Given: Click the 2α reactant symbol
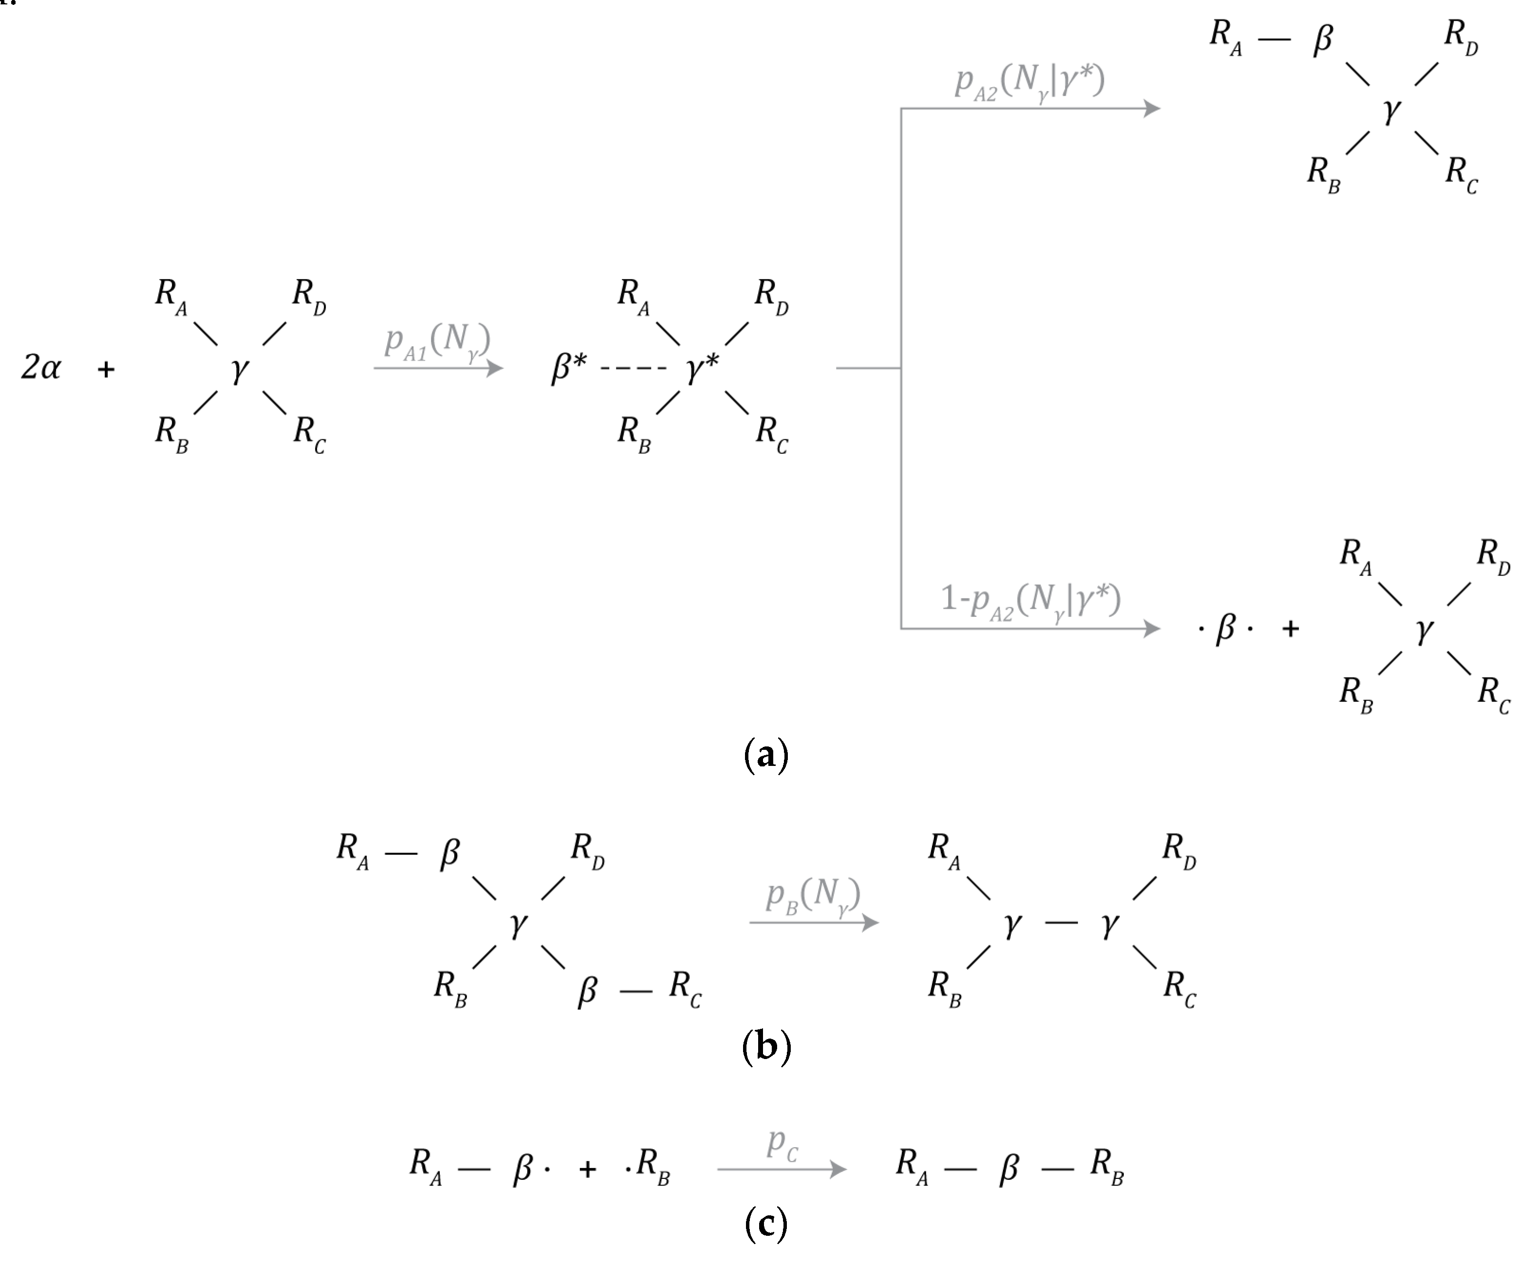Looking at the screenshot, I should click(41, 368).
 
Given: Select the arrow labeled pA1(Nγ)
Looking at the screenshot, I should click(438, 368).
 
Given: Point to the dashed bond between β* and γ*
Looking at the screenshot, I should click(634, 369).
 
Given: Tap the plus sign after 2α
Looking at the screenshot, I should click(106, 369).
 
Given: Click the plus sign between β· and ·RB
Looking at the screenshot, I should click(588, 1169).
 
